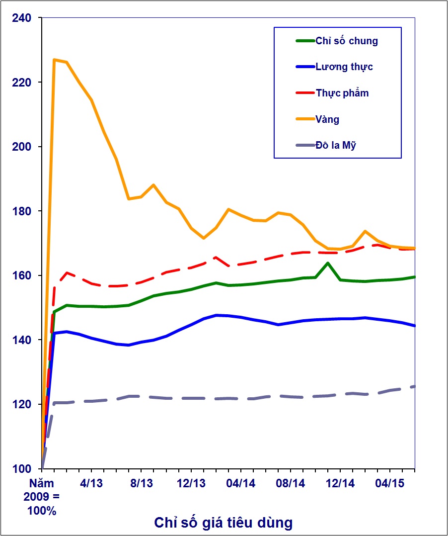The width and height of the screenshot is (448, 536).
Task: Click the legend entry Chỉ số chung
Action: [x=346, y=41]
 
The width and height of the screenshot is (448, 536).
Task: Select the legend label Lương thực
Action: [x=344, y=67]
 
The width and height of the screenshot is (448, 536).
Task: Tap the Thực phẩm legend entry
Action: [x=342, y=93]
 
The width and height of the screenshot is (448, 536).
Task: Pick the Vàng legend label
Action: [x=327, y=119]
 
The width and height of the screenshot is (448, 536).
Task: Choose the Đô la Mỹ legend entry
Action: [x=335, y=146]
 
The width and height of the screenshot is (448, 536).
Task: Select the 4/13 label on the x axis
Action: [x=91, y=483]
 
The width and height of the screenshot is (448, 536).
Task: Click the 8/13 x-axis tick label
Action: [x=141, y=483]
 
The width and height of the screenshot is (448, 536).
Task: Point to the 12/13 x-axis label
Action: [x=191, y=483]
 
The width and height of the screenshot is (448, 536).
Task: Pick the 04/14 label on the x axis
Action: [x=241, y=483]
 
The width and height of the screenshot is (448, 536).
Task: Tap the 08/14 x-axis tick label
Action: [x=291, y=483]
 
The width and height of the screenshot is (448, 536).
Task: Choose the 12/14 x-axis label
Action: [x=340, y=483]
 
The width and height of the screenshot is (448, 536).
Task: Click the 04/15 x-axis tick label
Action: [x=390, y=483]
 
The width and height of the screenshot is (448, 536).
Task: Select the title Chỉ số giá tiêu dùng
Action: [x=223, y=523]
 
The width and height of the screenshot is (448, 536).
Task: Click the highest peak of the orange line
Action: [x=54, y=60]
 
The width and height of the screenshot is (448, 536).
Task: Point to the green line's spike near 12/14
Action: [x=328, y=263]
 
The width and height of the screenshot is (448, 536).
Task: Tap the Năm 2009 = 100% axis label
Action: [x=42, y=497]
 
